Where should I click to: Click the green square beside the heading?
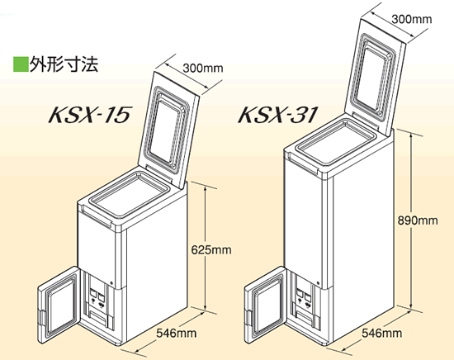click(21, 64)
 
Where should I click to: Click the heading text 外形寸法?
click(64, 64)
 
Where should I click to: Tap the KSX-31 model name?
click(277, 115)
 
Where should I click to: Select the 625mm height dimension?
click(211, 249)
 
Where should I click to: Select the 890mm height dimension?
click(418, 220)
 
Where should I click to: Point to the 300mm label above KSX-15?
click(203, 68)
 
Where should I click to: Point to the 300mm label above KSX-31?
click(412, 19)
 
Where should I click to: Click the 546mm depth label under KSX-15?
click(177, 333)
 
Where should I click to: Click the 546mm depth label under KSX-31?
click(382, 333)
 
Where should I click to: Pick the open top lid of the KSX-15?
click(168, 129)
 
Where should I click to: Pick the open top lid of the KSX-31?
click(376, 77)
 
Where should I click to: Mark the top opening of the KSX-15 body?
click(129, 195)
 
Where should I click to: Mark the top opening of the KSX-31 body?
click(337, 143)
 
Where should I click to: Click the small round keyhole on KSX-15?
click(111, 283)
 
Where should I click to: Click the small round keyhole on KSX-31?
click(318, 283)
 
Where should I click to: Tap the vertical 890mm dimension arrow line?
click(411, 221)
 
